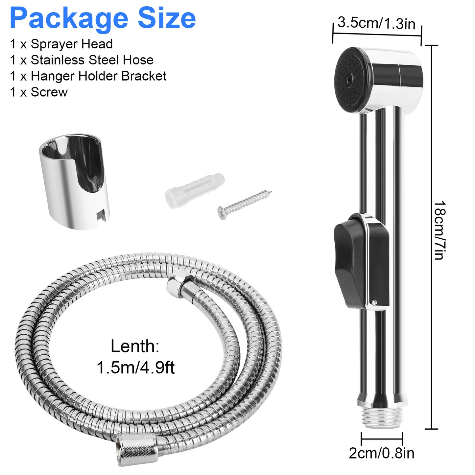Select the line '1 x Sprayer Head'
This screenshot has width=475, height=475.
click(x=61, y=44)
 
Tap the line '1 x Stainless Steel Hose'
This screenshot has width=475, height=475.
click(x=82, y=60)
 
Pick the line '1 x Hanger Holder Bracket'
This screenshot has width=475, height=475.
click(x=88, y=76)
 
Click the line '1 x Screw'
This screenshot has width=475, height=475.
click(x=39, y=92)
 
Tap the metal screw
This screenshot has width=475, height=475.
click(x=245, y=203)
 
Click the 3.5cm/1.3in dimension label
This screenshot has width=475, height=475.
click(x=376, y=24)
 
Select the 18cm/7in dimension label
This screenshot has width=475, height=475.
click(x=439, y=230)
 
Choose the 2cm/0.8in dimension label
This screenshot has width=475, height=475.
click(x=381, y=454)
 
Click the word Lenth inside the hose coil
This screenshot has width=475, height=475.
click(x=135, y=346)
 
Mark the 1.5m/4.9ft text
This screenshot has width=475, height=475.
click(x=135, y=368)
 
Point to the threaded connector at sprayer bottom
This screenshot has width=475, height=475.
click(x=382, y=418)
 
